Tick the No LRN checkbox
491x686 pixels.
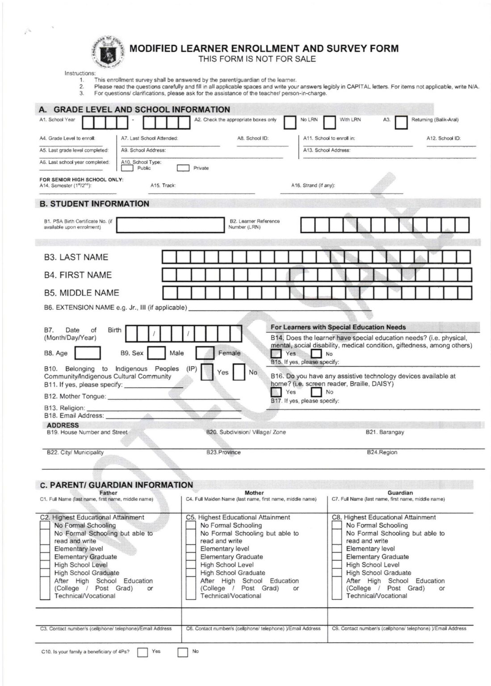(290, 122)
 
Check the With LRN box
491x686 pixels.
(330, 122)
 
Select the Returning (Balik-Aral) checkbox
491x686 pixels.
(401, 122)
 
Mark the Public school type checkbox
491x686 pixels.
(127, 168)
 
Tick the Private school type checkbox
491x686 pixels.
(183, 168)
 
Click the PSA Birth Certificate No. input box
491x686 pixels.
(169, 225)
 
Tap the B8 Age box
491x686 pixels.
(87, 353)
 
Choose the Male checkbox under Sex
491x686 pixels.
(156, 353)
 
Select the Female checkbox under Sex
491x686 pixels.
(205, 353)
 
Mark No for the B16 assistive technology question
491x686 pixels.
(316, 392)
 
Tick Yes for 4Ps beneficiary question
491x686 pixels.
(143, 653)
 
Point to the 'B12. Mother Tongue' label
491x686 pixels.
(75, 396)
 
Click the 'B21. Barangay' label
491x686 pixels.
(385, 432)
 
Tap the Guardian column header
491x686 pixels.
(400, 493)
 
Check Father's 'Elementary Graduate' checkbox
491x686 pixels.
(45, 557)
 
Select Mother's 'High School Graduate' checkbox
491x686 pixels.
(191, 573)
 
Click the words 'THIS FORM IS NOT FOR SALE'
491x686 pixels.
(257, 59)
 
